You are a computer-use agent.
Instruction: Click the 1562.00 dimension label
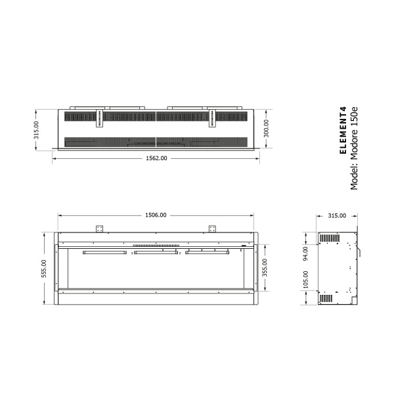(156, 158)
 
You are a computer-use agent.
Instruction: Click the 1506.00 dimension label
(156, 215)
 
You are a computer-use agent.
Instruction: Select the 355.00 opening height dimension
(265, 268)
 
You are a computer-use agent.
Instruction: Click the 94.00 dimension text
(305, 254)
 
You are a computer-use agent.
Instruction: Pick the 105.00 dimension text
(305, 281)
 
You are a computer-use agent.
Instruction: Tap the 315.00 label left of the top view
(37, 129)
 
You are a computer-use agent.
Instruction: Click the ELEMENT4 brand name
(341, 132)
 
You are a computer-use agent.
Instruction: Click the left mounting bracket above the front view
(100, 229)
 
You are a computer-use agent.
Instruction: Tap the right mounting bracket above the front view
(212, 229)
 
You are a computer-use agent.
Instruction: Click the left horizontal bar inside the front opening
(105, 252)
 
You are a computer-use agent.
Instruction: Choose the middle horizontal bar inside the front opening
(156, 252)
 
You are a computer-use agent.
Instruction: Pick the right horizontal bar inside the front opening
(207, 252)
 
